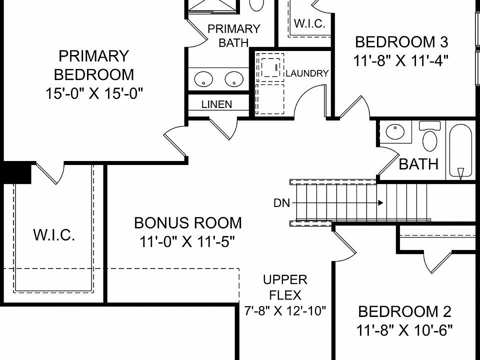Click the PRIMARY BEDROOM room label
[94, 65]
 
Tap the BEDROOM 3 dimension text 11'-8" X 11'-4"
[400, 60]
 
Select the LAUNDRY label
[307, 73]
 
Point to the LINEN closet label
[216, 104]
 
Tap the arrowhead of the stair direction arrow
[381, 203]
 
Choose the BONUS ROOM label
[187, 222]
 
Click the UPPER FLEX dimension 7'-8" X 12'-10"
[285, 310]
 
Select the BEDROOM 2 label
[404, 312]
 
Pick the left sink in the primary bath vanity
[203, 78]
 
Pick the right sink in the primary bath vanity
[233, 78]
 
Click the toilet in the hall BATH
[429, 138]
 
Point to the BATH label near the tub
[418, 164]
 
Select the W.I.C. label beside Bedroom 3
[310, 23]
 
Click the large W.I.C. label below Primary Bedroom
[54, 235]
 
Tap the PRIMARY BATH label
[233, 35]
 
